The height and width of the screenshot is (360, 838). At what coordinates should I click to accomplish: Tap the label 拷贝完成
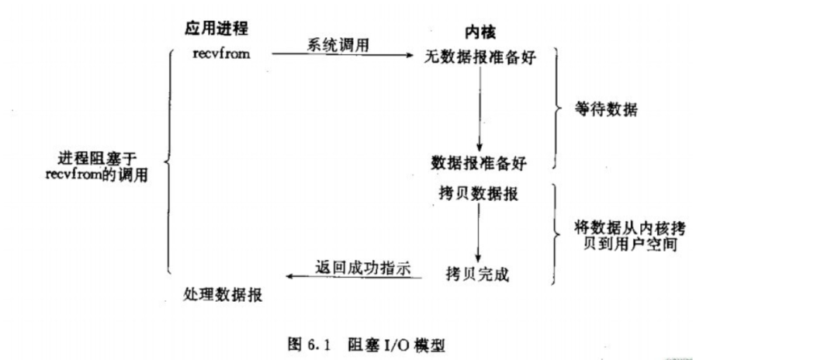pyautogui.click(x=479, y=273)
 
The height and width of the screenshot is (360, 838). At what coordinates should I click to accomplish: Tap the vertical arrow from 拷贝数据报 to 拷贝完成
pyautogui.click(x=478, y=233)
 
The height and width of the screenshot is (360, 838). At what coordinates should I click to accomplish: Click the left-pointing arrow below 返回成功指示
pyautogui.click(x=353, y=277)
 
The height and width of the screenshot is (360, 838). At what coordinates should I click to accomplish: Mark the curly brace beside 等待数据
pyautogui.click(x=555, y=109)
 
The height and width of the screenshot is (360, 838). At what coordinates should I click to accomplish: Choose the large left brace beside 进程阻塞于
pyautogui.click(x=168, y=161)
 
